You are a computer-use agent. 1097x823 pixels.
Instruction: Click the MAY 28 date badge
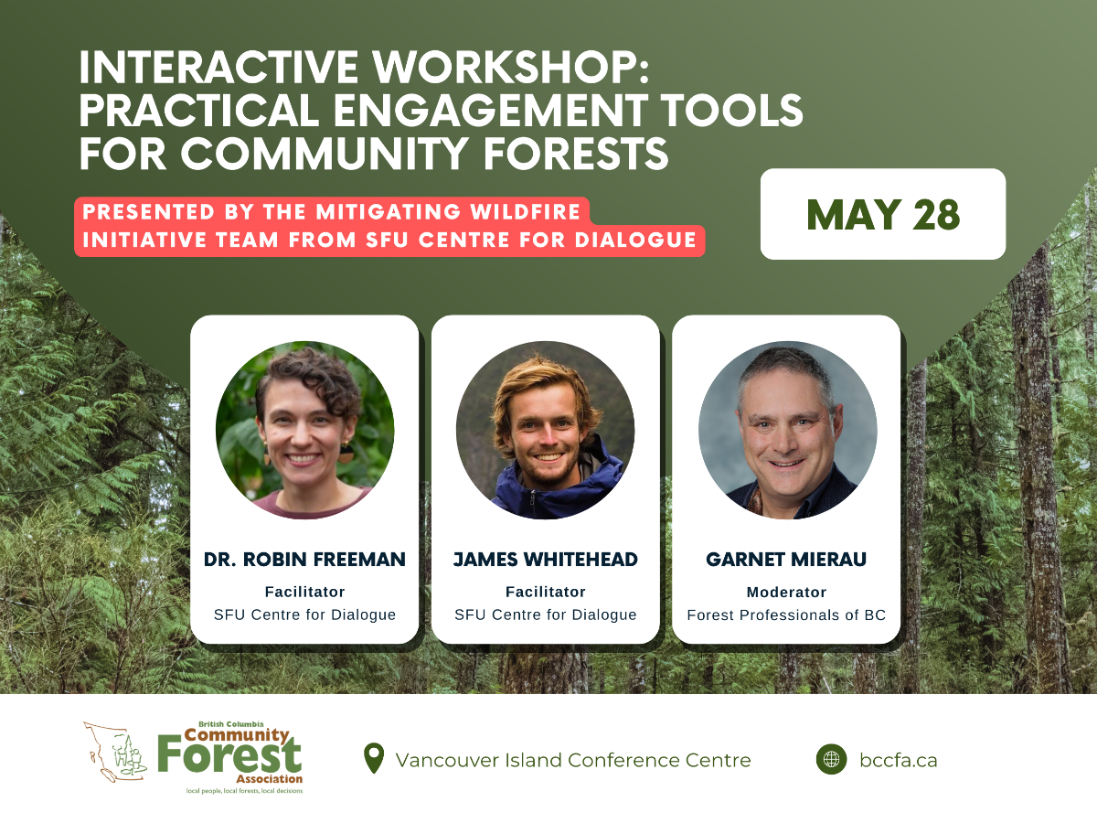pyautogui.click(x=882, y=214)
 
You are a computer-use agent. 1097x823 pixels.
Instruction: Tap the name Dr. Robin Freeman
pyautogui.click(x=304, y=559)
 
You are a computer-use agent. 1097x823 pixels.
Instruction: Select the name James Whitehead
pyautogui.click(x=545, y=559)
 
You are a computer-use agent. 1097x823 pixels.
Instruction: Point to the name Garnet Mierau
pyautogui.click(x=786, y=559)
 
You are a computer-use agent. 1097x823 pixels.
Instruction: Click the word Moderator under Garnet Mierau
pyautogui.click(x=786, y=593)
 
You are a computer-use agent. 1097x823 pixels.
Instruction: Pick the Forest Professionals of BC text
pyautogui.click(x=786, y=615)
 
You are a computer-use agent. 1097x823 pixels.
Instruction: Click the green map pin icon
pyautogui.click(x=374, y=758)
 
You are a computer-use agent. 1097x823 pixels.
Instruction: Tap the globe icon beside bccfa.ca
pyautogui.click(x=831, y=760)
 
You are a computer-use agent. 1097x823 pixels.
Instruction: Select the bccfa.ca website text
pyautogui.click(x=898, y=760)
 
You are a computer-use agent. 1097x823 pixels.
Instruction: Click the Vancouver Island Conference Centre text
pyautogui.click(x=573, y=760)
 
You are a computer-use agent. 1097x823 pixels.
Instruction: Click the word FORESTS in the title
pyautogui.click(x=575, y=153)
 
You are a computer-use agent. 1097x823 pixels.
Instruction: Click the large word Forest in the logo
pyautogui.click(x=229, y=755)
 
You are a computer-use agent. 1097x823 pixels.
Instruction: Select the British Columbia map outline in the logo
pyautogui.click(x=115, y=752)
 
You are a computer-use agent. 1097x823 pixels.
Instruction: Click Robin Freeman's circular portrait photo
pyautogui.click(x=304, y=430)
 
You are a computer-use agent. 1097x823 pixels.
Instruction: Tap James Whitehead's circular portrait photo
pyautogui.click(x=545, y=430)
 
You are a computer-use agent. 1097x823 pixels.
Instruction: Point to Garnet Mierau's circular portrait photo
pyautogui.click(x=788, y=430)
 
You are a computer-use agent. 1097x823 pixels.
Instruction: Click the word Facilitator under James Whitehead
pyautogui.click(x=545, y=592)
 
